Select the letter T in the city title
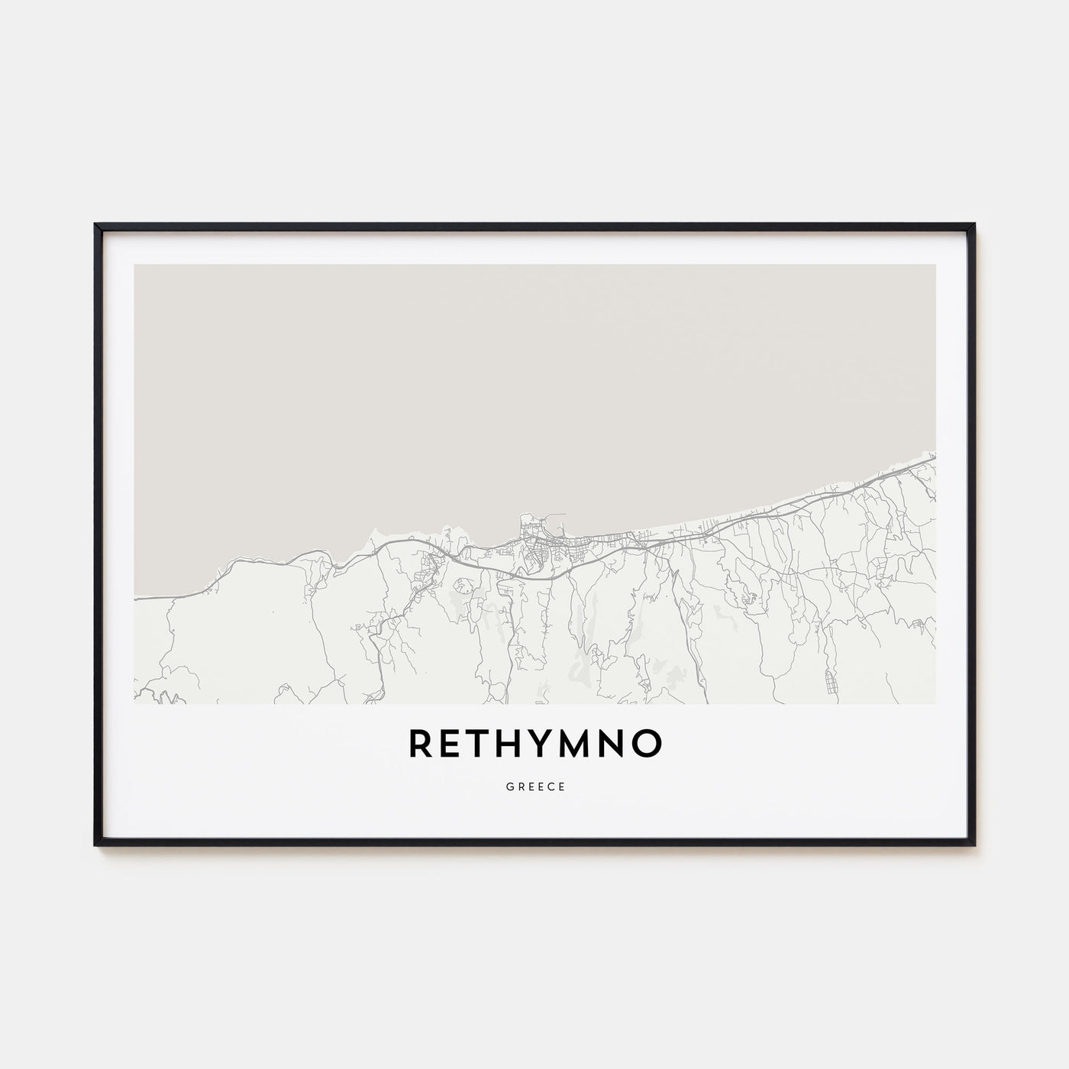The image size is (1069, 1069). coord(481,744)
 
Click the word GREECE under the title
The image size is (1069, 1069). coord(534,787)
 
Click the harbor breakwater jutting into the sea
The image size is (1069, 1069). coord(561,517)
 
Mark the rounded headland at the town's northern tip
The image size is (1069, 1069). coord(526,520)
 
